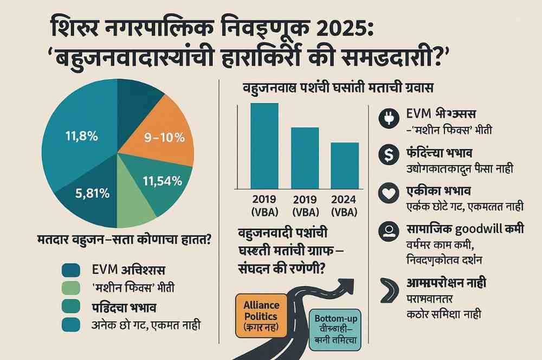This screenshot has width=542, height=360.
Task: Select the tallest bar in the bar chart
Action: [264, 144]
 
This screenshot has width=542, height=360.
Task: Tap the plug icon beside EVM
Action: [389, 120]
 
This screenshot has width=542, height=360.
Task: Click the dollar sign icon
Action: [389, 155]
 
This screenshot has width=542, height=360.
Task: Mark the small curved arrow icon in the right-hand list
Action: [389, 288]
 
